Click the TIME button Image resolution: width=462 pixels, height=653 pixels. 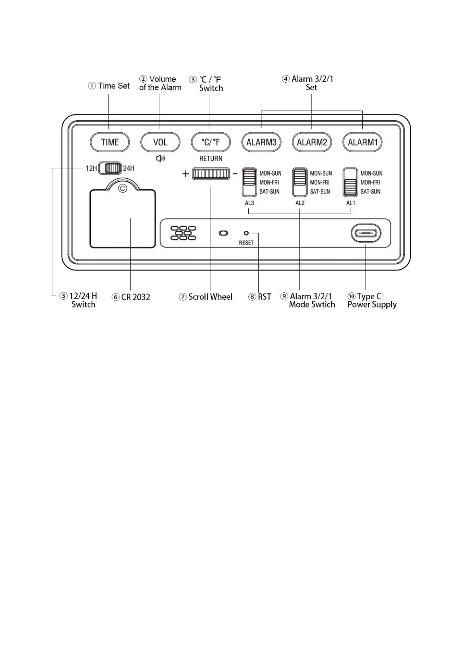pyautogui.click(x=110, y=142)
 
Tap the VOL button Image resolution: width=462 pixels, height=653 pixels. pyautogui.click(x=160, y=142)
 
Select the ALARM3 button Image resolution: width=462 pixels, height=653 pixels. pyautogui.click(x=261, y=142)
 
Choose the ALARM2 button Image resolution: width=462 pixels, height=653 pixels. pyautogui.click(x=312, y=142)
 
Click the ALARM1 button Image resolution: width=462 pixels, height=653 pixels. pyautogui.click(x=362, y=142)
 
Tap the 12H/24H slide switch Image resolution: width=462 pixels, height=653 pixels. pyautogui.click(x=110, y=168)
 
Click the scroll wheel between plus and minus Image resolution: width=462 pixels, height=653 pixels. pyautogui.click(x=211, y=174)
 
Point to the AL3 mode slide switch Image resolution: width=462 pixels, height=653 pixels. pyautogui.click(x=249, y=182)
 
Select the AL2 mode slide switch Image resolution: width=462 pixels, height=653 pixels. pyautogui.click(x=300, y=182)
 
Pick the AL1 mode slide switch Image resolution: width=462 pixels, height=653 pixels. pyautogui.click(x=350, y=182)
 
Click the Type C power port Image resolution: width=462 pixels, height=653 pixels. pyautogui.click(x=366, y=233)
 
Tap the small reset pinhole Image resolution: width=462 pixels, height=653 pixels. pyautogui.click(x=246, y=233)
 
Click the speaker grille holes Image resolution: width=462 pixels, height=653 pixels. pyautogui.click(x=183, y=233)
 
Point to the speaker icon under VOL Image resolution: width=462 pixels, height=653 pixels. pyautogui.click(x=160, y=158)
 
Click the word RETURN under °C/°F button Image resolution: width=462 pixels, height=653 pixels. pyautogui.click(x=211, y=159)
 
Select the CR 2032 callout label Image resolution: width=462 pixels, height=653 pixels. pyautogui.click(x=131, y=297)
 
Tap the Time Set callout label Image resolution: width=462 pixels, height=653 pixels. pyautogui.click(x=109, y=86)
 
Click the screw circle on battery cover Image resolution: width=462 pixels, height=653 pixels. pyautogui.click(x=123, y=189)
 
